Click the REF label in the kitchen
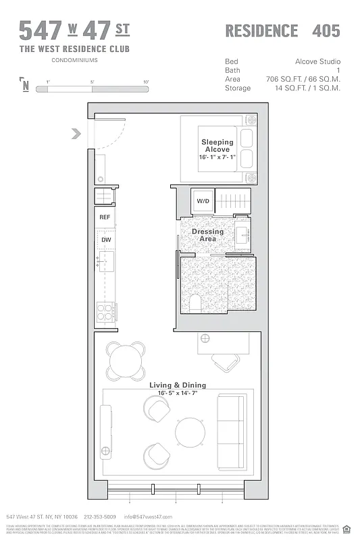coord(105,217)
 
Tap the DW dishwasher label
coord(105,240)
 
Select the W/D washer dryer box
coord(203,201)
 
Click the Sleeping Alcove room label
coord(217,145)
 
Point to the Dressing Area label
coord(207,235)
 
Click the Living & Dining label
coord(178,385)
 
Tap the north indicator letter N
coord(26,85)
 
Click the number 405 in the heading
coord(326,31)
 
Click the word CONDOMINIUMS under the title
coord(74,61)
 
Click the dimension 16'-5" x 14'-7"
coord(178,393)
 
